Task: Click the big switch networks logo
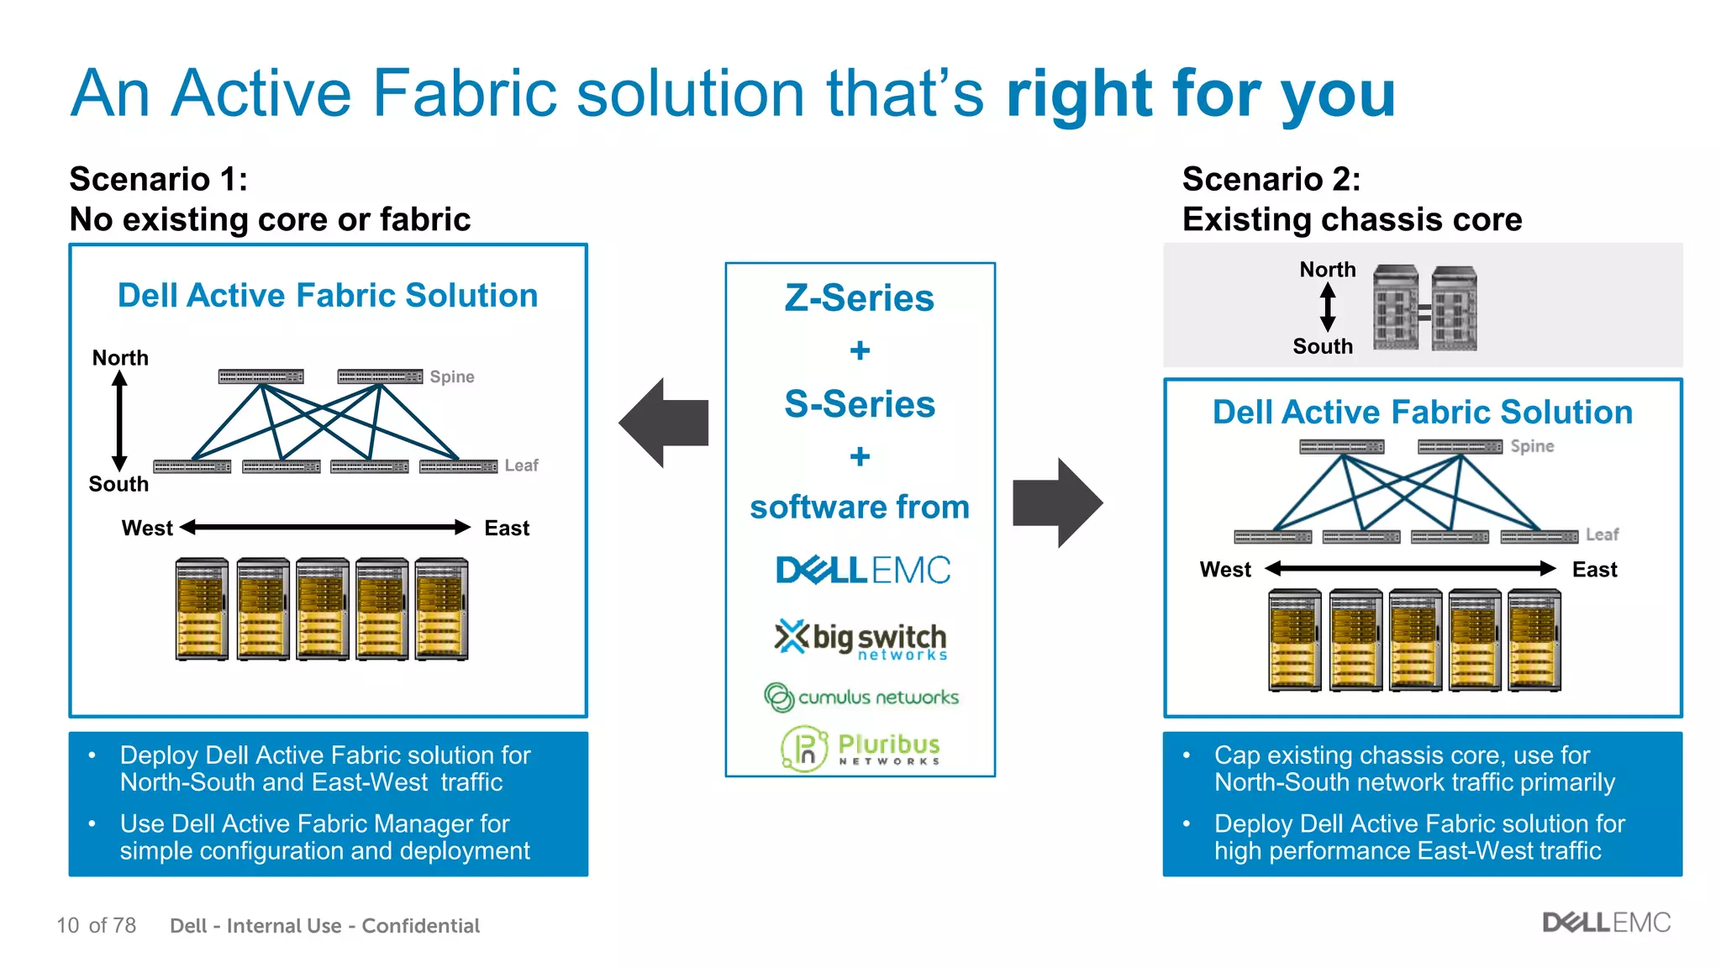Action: (860, 640)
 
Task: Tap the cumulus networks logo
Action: (860, 697)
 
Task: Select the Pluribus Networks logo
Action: (860, 747)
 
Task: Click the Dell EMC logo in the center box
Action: (862, 571)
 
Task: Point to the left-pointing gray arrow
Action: (664, 423)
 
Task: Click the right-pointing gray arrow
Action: (1057, 502)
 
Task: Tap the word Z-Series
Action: (859, 298)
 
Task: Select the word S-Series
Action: (859, 404)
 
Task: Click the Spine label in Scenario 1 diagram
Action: (452, 376)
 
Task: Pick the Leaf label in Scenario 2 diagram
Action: (1602, 534)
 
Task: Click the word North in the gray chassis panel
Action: (1327, 270)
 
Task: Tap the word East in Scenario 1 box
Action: (507, 528)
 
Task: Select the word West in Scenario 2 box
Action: (1224, 570)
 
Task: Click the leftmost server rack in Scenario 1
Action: (202, 609)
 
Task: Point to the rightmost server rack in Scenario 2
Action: (1534, 640)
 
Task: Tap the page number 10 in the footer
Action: (67, 925)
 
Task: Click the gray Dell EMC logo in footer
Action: (1606, 923)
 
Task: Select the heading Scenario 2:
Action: (1271, 179)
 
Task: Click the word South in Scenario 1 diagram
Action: (118, 484)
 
